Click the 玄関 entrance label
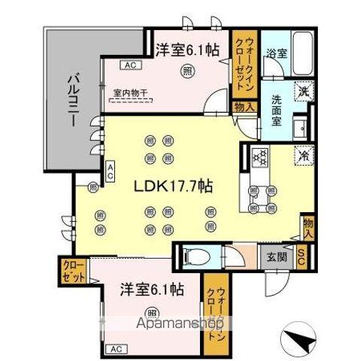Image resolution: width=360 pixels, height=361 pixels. (275, 256)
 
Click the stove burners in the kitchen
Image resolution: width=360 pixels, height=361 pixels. (260, 157)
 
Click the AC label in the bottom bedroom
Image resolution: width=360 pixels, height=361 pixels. (114, 348)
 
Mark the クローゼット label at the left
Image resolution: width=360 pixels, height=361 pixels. (74, 272)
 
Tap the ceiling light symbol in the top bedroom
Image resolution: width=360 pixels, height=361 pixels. (185, 71)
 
